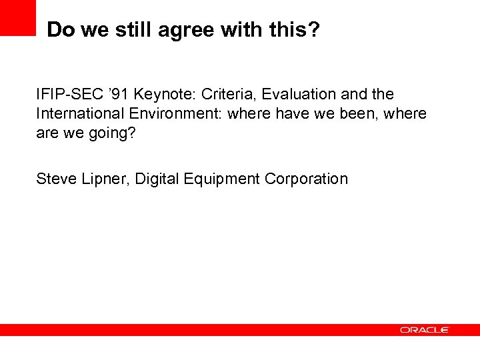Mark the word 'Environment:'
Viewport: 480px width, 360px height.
[x=175, y=113]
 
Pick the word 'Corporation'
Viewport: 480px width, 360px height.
[x=306, y=179]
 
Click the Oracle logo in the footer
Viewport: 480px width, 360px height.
[x=425, y=330]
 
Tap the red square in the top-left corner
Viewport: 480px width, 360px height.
[x=17, y=17]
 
